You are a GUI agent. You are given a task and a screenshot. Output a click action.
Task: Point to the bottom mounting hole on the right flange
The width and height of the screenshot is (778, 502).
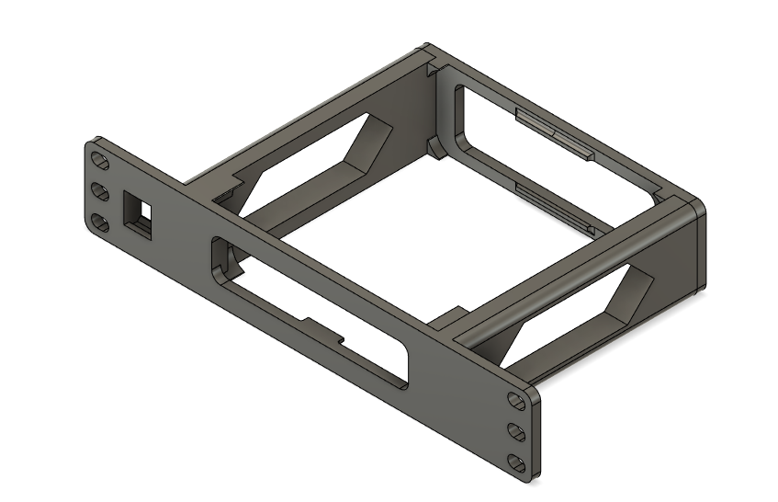[x=517, y=460]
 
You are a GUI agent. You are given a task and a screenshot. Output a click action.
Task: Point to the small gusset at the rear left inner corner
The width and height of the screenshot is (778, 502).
[x=432, y=147]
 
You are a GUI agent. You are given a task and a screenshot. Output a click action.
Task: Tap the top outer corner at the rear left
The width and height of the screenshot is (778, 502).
[x=424, y=46]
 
